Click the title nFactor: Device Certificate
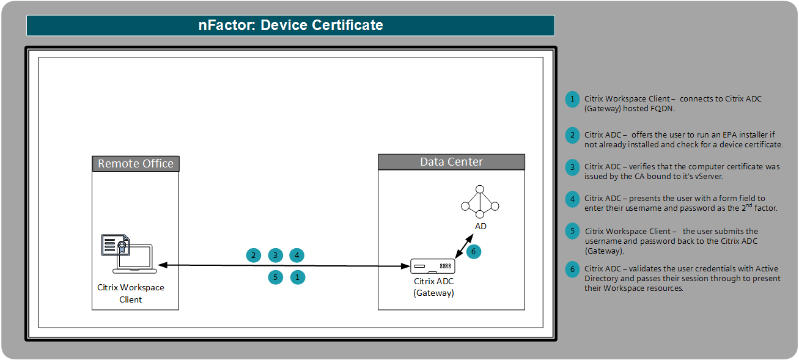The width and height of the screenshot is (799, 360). coord(290,25)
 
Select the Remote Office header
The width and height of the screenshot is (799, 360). coord(136,164)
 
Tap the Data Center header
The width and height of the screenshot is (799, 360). coord(451,162)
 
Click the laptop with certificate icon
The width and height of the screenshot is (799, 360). coord(128,254)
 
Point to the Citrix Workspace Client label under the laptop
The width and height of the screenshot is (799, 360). coord(131,293)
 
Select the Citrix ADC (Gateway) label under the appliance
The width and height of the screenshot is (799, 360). coord(433,287)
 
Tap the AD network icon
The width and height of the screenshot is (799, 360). coord(481,200)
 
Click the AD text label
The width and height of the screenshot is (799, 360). coord(481,226)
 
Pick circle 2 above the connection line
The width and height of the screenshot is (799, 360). coord(253,255)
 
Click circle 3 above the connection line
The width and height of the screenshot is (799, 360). coord(276,255)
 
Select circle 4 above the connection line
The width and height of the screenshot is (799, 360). coord(297,255)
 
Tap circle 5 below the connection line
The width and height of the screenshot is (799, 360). coord(276,277)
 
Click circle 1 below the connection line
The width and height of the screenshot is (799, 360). coord(297,277)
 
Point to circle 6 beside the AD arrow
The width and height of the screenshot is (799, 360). coord(473,251)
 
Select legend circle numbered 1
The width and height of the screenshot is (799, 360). coord(572,99)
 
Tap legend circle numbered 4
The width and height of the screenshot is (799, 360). coord(572,199)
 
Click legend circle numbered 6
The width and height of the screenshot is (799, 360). coord(572,269)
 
